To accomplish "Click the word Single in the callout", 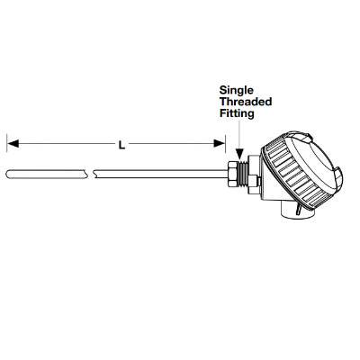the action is point(237,91).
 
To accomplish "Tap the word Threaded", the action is point(246,102).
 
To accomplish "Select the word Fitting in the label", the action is point(237,113).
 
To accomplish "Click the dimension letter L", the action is point(121,145).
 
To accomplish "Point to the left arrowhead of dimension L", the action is point(13,144).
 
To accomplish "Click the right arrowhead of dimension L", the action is point(220,144).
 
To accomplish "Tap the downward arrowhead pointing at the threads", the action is point(239,153).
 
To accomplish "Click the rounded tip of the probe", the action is point(8,175).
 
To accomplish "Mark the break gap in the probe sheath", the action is point(91,175).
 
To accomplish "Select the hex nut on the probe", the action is point(232,174).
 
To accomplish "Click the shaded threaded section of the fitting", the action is point(242,174).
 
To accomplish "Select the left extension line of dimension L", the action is point(7,144).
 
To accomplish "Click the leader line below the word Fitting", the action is point(239,135).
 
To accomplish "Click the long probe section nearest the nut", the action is point(160,175).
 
